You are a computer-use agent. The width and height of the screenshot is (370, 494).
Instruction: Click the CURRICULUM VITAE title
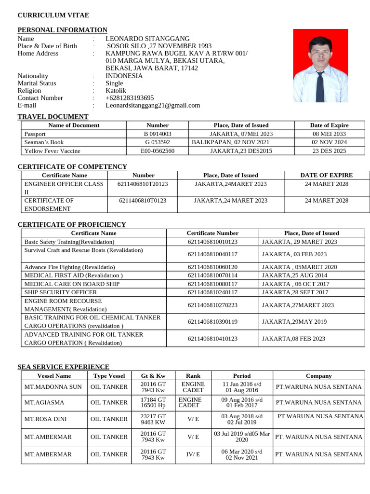point(53,15)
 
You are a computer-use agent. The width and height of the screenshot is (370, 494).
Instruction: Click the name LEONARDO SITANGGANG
point(147,39)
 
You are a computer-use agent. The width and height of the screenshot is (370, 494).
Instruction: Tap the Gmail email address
point(153,105)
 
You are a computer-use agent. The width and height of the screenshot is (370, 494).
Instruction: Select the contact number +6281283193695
point(130,98)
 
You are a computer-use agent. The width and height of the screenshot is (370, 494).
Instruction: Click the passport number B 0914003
point(157,134)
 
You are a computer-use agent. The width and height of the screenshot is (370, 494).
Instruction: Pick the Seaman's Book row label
point(44,142)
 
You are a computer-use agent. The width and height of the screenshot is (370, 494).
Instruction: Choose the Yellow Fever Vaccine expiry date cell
point(329,151)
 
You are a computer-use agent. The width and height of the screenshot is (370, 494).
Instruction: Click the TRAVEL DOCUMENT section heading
point(53,117)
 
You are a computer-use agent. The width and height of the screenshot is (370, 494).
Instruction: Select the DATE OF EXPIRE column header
point(326,175)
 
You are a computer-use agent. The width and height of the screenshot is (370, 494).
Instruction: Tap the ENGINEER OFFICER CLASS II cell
point(64,188)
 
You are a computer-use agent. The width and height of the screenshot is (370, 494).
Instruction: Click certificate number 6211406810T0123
point(143,200)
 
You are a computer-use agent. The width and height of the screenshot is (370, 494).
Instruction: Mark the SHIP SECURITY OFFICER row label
point(60,292)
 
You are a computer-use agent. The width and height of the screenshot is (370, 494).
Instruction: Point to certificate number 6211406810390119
point(212,321)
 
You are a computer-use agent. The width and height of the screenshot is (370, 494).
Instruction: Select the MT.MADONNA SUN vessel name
point(53,387)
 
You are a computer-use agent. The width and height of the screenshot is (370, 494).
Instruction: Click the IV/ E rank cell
point(193,454)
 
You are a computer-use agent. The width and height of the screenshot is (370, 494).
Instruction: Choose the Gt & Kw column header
point(153,376)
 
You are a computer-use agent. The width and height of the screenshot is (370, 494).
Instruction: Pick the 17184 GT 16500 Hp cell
point(153,402)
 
